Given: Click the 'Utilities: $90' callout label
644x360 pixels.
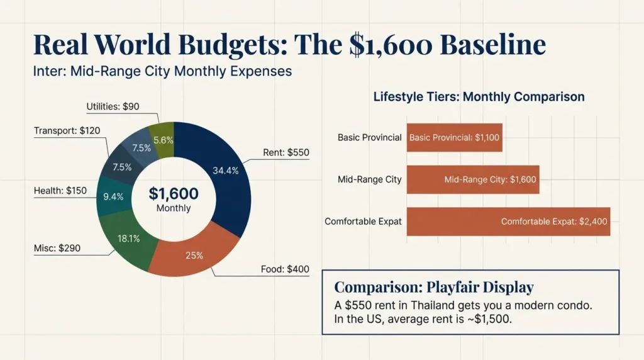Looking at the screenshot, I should coord(113,107).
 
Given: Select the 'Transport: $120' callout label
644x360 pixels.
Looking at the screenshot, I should coord(67,131).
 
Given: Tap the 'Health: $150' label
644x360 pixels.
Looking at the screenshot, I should coord(60,191).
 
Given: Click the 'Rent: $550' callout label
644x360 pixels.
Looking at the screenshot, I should coord(286,152).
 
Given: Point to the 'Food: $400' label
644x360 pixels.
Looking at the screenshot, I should coord(285,269).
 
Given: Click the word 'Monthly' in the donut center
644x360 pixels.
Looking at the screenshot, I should coord(173,208).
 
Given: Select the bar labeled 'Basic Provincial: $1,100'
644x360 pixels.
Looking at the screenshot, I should coord(454,137).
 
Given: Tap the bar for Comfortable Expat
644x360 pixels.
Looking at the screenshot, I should coord(508,222).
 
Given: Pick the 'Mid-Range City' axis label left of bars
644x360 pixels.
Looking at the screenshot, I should coord(370,179).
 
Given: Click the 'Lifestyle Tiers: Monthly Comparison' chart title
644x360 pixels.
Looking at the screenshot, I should coord(479,97).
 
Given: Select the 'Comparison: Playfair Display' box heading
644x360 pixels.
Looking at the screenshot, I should coord(433,288).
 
